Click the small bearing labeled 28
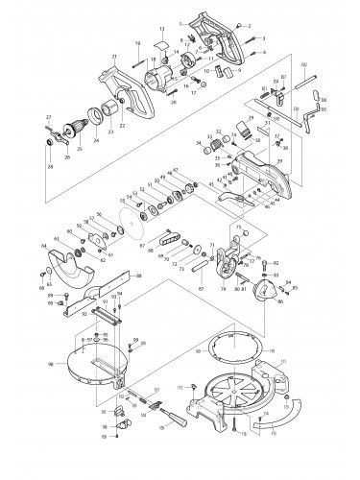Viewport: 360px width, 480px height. [x=46, y=142]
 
